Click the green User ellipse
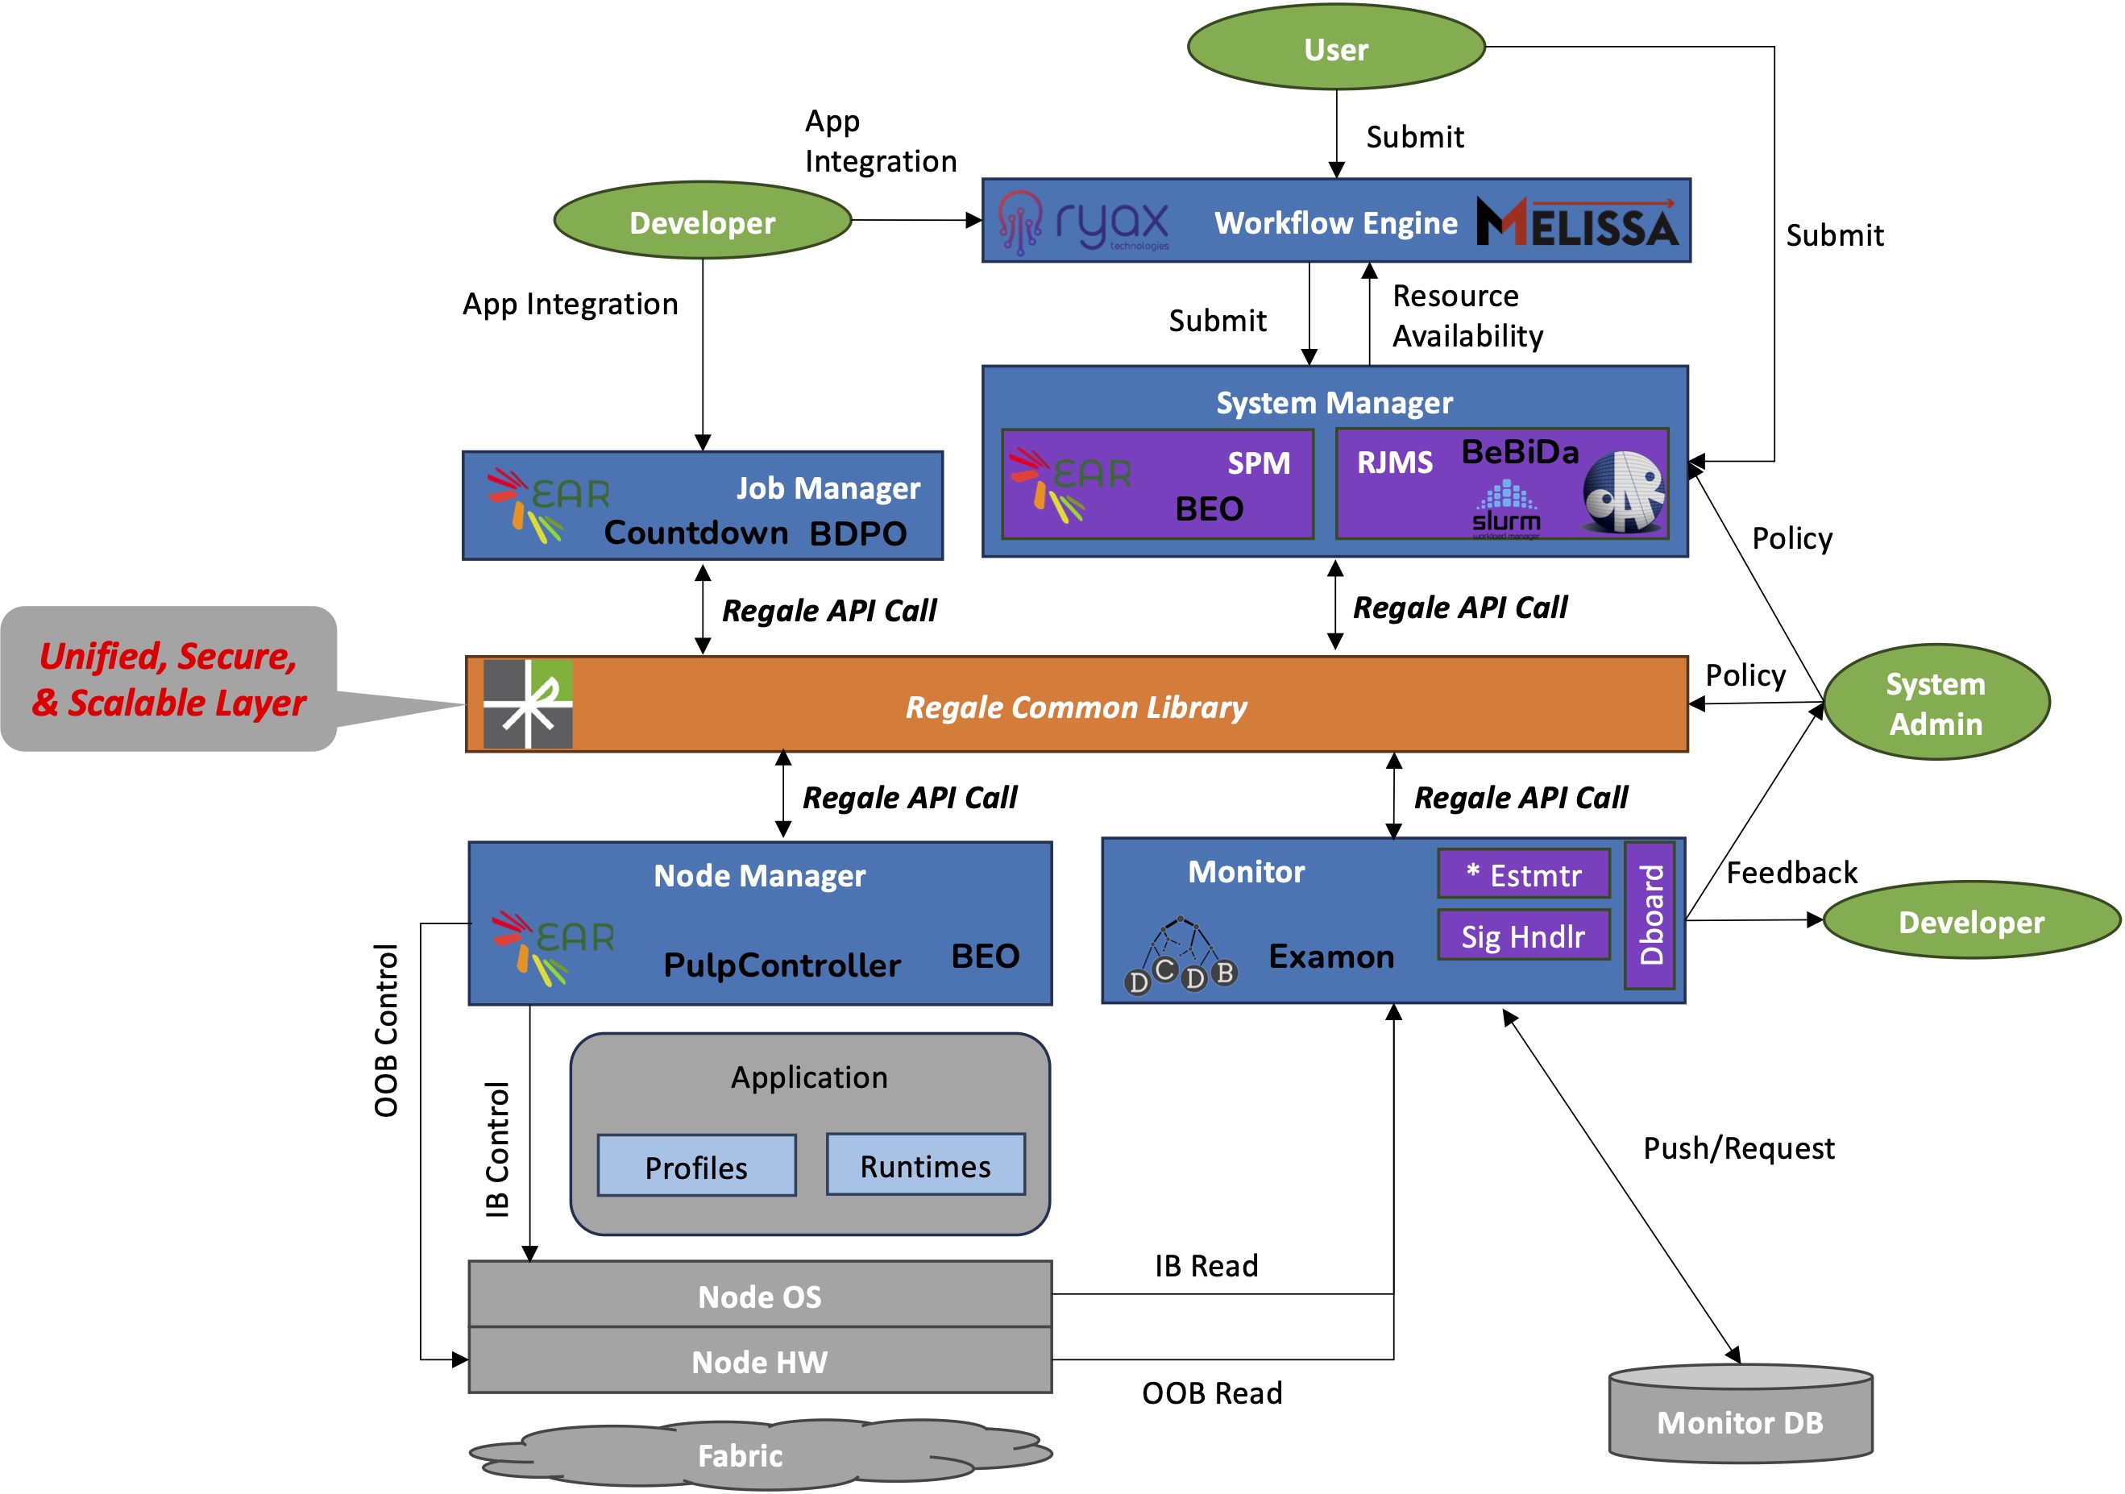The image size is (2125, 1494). click(1335, 48)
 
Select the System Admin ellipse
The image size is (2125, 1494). click(1936, 703)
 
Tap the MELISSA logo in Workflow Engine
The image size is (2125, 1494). click(1577, 222)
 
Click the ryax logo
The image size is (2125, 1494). click(1084, 223)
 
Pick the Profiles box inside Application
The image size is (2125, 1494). click(696, 1166)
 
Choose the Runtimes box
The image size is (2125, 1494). click(926, 1165)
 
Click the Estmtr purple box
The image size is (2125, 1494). click(1523, 874)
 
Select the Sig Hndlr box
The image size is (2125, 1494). click(1523, 936)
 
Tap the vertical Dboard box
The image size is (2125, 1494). click(1650, 915)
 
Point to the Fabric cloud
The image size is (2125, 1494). click(741, 1455)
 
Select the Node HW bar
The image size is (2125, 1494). click(760, 1361)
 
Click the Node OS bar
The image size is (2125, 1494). click(760, 1295)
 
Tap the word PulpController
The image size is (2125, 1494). click(782, 965)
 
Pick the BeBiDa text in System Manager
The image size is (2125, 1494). click(1520, 452)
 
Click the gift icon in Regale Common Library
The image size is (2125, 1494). click(528, 703)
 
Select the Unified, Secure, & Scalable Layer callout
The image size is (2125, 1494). click(168, 679)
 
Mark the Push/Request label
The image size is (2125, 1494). click(1738, 1147)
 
